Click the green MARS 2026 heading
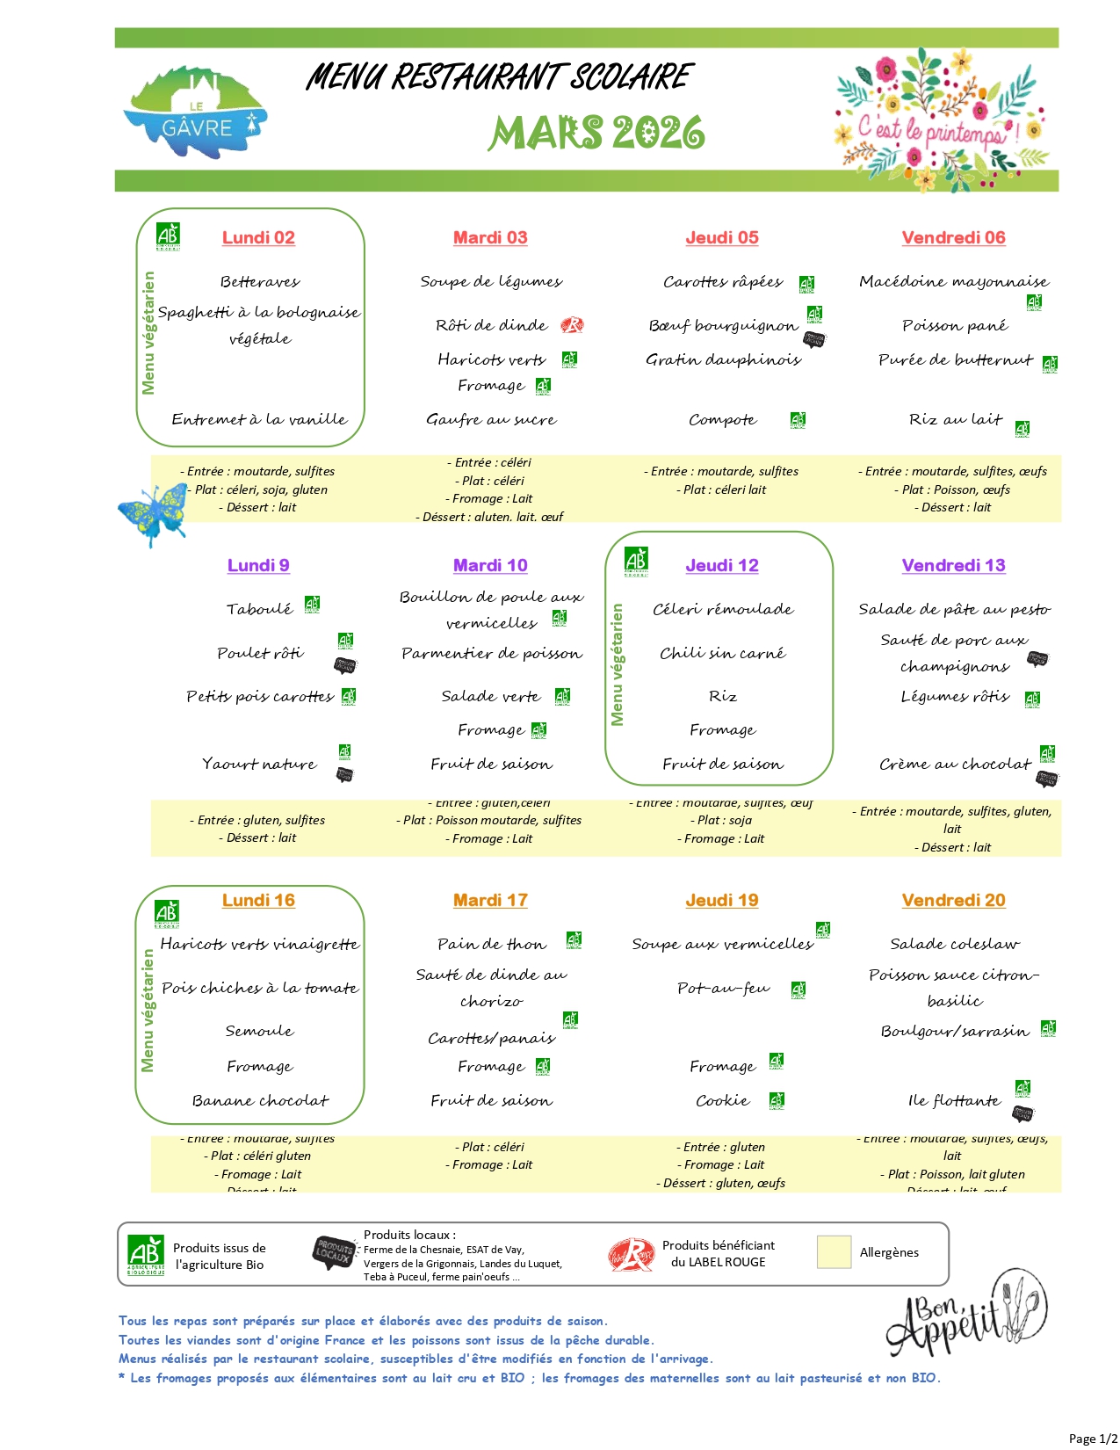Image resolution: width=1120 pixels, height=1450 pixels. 596,133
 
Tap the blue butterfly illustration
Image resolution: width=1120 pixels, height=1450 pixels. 153,514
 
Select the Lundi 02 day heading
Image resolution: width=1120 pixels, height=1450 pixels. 258,237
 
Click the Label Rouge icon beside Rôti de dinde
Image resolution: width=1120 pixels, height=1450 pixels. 572,325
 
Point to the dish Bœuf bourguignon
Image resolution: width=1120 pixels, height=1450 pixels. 723,325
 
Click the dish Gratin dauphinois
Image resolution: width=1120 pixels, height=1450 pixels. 723,359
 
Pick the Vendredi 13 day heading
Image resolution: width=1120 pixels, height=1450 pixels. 953,565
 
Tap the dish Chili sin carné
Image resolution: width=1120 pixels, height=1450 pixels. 722,653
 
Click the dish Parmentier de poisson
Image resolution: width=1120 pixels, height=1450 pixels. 491,653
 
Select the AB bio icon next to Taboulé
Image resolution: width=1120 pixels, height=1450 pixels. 312,604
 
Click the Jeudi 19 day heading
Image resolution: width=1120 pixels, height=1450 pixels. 721,900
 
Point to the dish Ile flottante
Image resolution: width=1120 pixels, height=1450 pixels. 953,1100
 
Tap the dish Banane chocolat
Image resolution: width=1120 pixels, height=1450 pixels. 260,1100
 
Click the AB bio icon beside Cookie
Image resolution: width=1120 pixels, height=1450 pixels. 777,1100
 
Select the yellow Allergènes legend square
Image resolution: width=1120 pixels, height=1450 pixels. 834,1252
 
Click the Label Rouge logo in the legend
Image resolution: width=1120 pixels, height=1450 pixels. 632,1254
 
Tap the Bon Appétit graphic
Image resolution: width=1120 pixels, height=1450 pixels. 966,1314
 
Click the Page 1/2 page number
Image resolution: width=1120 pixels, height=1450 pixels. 1093,1438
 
